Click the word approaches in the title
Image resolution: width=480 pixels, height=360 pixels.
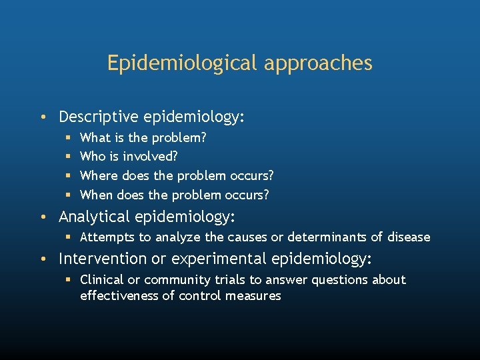point(318,63)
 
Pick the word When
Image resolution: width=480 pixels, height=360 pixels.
point(97,195)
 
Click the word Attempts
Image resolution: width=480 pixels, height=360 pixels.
point(107,237)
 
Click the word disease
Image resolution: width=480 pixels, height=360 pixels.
point(407,237)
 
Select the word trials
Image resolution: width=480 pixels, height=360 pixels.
point(221,280)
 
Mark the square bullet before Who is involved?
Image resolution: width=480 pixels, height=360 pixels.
point(69,157)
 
